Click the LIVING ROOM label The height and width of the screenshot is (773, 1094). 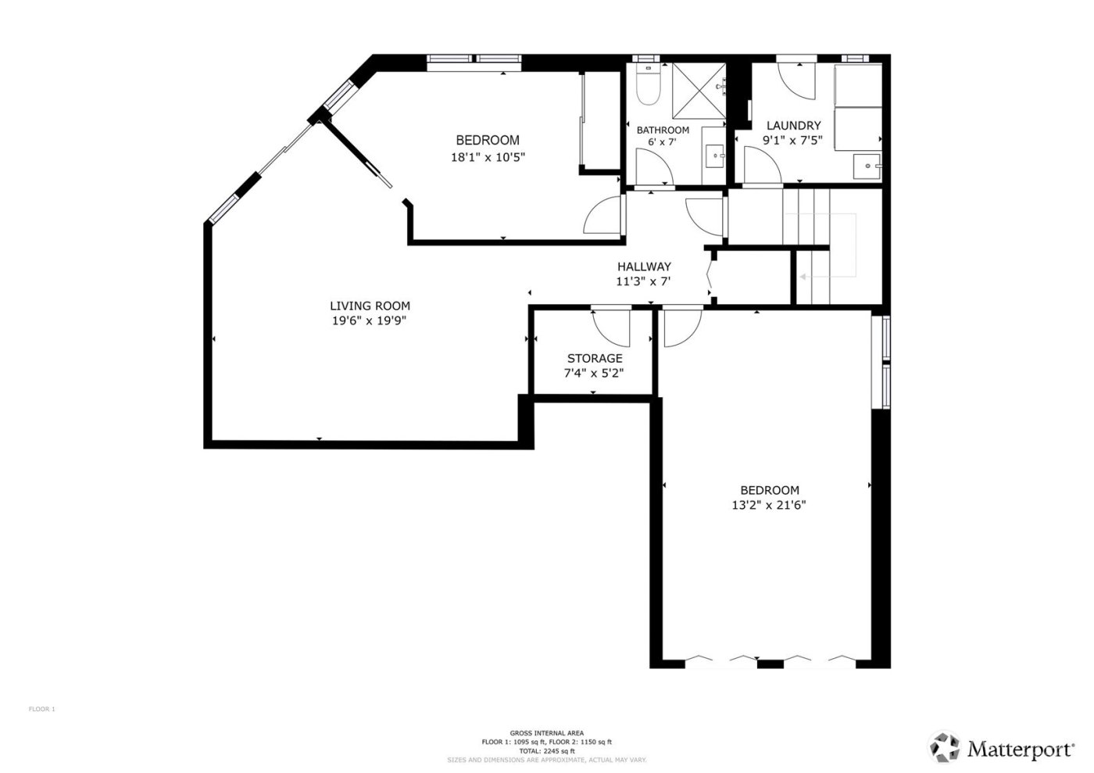click(370, 306)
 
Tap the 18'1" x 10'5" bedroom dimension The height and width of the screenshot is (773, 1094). click(488, 157)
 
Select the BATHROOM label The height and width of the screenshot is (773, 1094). click(663, 130)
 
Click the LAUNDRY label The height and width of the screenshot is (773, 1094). click(793, 125)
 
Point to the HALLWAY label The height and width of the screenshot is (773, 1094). click(644, 267)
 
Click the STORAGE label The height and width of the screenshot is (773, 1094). click(595, 359)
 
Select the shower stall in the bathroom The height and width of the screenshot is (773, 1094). click(699, 91)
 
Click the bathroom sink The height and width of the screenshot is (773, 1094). click(715, 156)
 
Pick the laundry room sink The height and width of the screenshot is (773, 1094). click(866, 166)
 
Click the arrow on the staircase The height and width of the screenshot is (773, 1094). click(803, 276)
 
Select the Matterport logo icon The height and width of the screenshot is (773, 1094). click(944, 747)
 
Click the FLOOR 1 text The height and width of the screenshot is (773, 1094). click(42, 710)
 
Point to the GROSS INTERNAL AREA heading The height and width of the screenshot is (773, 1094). click(546, 733)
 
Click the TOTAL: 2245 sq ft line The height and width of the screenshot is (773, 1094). click(546, 750)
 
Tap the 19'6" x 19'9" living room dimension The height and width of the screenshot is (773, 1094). click(370, 320)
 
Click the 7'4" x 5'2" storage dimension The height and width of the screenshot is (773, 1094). click(594, 374)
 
